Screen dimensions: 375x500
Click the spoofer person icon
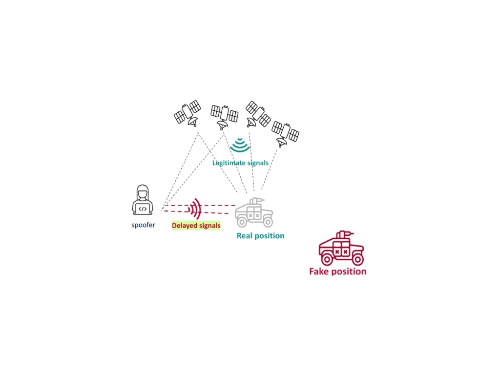coord(143,200)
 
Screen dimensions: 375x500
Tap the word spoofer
coord(143,225)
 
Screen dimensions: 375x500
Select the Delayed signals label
coord(196,226)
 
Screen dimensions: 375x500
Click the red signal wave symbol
coord(195,209)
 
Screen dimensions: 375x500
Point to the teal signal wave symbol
coord(240,145)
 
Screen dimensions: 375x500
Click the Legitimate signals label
coord(240,163)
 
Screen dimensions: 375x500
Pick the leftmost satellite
coord(188,113)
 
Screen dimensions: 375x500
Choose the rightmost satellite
coord(285,132)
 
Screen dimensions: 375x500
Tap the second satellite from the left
coord(224,115)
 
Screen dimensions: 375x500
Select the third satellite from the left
coord(257,114)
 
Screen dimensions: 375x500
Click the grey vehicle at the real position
coord(254,213)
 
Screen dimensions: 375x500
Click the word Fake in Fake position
coord(319,271)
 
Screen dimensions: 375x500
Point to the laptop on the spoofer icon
coord(143,208)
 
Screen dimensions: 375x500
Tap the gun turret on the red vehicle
coord(344,234)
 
